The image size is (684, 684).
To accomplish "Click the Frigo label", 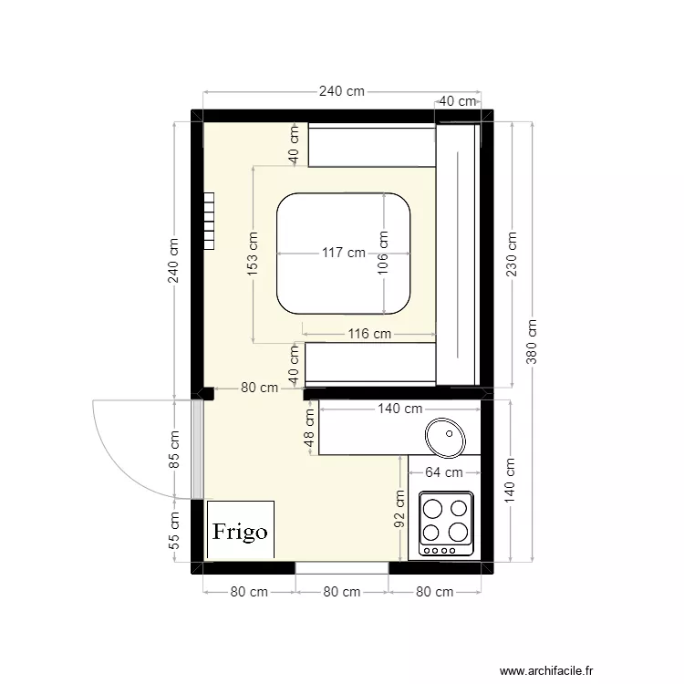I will tap(240, 531).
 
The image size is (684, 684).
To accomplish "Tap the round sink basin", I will tap(445, 435).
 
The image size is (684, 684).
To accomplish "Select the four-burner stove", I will tap(446, 523).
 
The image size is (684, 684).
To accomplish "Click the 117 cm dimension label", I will tap(343, 253).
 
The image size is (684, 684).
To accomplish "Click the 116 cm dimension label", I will tap(369, 334).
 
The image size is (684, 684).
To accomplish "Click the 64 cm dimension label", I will tap(444, 472).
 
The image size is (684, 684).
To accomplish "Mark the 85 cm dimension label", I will tap(175, 449).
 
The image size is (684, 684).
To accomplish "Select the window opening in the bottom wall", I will tap(342, 567).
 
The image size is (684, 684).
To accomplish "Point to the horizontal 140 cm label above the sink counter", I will tap(399, 409).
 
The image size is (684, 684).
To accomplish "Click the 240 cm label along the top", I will tap(341, 91).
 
